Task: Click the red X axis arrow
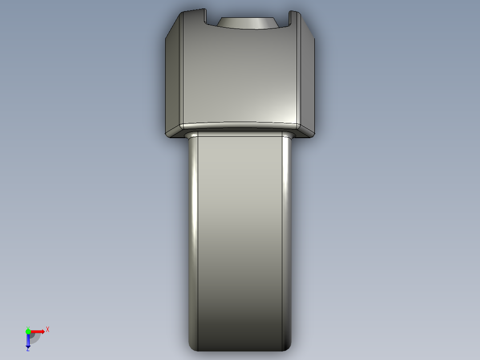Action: pos(38,331)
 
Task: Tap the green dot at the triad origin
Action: pos(28,331)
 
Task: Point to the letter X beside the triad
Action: pos(47,330)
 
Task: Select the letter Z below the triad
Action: pos(28,349)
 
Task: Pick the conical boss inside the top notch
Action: pos(247,23)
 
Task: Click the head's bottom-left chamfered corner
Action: pos(175,132)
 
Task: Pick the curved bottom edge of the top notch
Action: pos(247,29)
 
